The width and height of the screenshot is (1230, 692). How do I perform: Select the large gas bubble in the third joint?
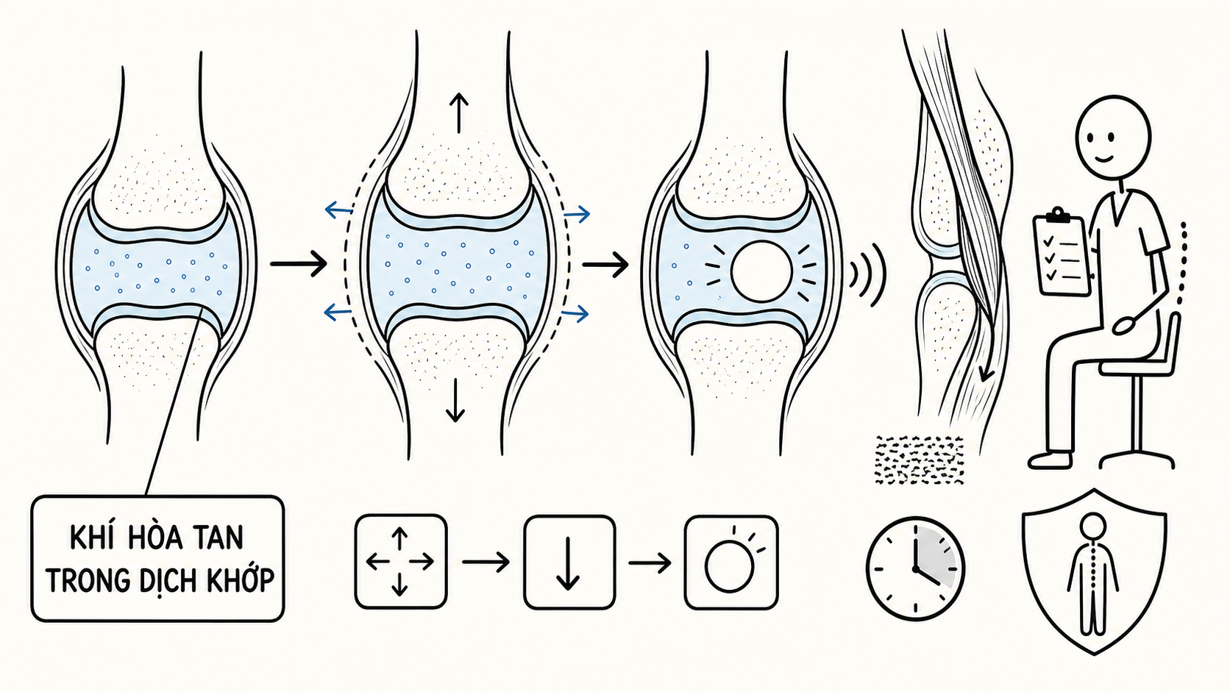[761, 271]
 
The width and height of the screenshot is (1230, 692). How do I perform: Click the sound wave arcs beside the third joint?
[867, 274]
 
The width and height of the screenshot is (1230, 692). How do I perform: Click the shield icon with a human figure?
[1094, 571]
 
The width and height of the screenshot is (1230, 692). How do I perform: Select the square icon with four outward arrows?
[401, 561]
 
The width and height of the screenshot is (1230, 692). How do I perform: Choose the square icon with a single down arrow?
[569, 562]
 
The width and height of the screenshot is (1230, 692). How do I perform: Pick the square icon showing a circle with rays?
[730, 562]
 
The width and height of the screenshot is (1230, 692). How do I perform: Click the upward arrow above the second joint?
[458, 113]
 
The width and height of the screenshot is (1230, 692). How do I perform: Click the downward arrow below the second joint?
[455, 401]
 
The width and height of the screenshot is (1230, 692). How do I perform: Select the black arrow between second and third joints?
[605, 265]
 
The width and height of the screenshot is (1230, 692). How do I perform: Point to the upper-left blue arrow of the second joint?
[338, 210]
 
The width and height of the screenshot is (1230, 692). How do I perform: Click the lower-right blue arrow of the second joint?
[575, 314]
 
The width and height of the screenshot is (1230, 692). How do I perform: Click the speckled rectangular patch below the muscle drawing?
[919, 460]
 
